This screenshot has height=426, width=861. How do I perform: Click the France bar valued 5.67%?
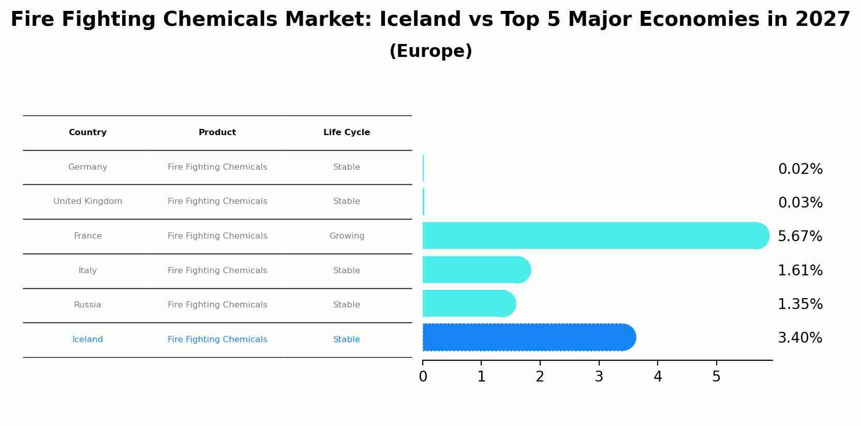(595, 236)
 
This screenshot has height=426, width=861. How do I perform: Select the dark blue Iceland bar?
(528, 337)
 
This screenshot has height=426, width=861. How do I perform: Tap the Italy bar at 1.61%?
(476, 270)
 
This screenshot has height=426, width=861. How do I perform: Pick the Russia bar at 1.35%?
(468, 303)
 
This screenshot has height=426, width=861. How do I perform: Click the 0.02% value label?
(800, 169)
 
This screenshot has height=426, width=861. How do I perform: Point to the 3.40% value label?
(800, 338)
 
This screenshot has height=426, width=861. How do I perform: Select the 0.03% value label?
(800, 203)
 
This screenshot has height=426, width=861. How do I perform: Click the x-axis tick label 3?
(599, 377)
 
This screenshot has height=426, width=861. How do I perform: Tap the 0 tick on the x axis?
(423, 377)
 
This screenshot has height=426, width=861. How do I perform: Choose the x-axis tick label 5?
(716, 377)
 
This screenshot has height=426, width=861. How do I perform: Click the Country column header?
(87, 133)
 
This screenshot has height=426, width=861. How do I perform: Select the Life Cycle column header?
(347, 133)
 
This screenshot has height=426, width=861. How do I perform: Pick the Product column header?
(217, 133)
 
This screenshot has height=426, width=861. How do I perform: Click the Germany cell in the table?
(87, 167)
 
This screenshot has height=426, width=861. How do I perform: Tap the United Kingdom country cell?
(87, 201)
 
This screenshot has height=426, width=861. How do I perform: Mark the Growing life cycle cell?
(347, 236)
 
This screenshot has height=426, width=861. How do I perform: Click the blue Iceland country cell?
(87, 340)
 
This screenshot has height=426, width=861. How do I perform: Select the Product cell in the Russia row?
(217, 305)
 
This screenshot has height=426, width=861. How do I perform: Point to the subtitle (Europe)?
(430, 51)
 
